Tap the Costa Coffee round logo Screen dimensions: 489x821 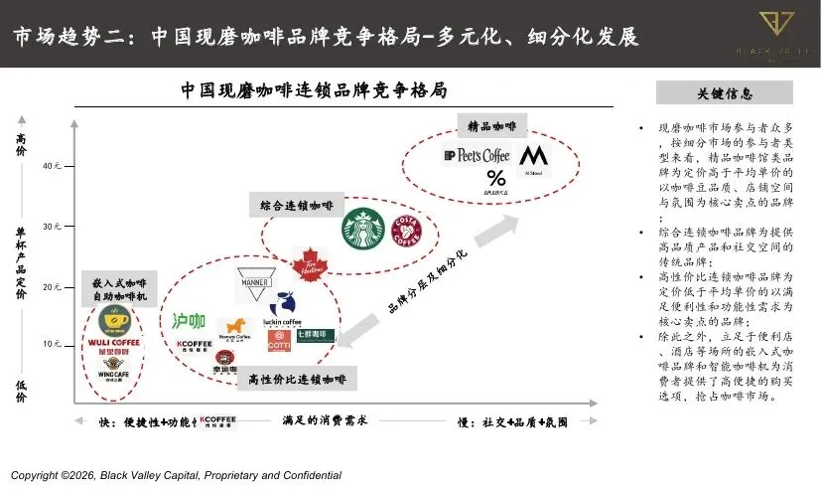(x=406, y=233)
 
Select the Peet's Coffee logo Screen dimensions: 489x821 (x=477, y=155)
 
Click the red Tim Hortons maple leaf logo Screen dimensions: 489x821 (x=311, y=264)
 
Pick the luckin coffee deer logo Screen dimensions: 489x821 (x=285, y=308)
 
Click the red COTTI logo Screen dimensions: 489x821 (x=281, y=341)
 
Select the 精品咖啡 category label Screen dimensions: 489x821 (x=492, y=126)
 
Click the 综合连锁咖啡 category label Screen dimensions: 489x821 (x=297, y=205)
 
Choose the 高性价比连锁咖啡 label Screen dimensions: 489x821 (x=297, y=379)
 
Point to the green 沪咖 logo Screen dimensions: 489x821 (x=189, y=321)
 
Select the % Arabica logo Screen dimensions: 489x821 (x=495, y=179)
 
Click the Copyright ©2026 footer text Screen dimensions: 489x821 (x=176, y=475)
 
